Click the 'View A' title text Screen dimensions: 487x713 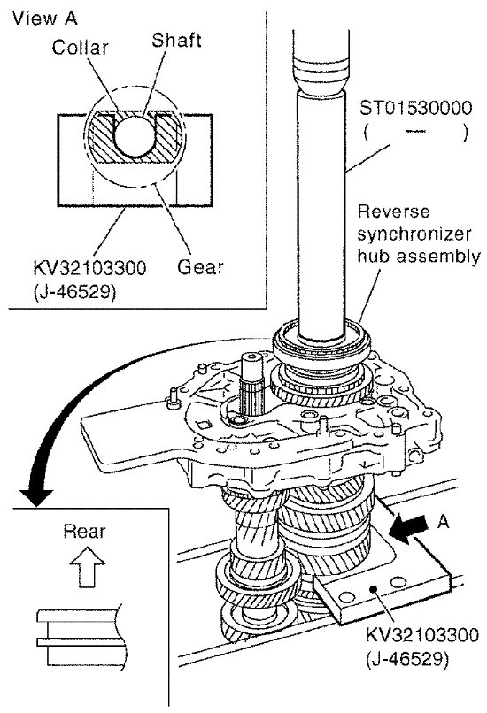tap(44, 19)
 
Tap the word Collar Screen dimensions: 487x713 tap(80, 47)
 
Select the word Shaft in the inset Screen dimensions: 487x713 tap(176, 40)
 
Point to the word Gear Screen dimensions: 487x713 tap(200, 266)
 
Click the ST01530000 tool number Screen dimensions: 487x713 tap(415, 108)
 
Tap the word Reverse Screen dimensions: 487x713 tap(393, 211)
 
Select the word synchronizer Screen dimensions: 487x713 tap(414, 234)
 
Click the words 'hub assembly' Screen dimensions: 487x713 tap(419, 256)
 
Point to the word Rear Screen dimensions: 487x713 tap(84, 531)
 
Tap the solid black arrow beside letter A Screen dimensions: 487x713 tap(410, 527)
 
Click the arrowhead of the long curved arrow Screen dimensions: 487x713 tap(35, 497)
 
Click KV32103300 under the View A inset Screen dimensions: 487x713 tap(89, 267)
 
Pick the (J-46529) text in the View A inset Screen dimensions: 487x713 tap(74, 291)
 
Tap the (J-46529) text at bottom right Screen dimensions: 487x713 tap(407, 658)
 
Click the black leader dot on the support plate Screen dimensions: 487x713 tap(374, 589)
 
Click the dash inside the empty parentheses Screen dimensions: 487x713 tap(415, 132)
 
